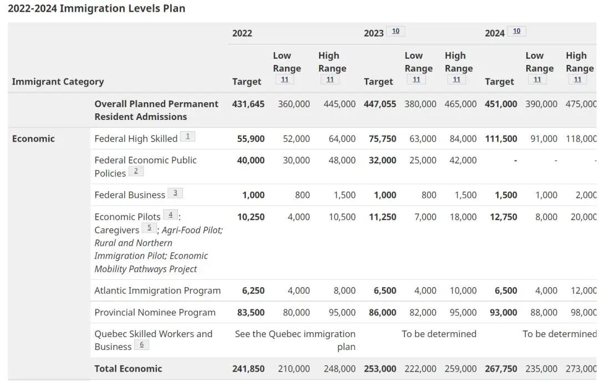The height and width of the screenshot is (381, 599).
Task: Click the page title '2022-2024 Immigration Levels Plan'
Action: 97,8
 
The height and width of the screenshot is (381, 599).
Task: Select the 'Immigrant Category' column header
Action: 58,82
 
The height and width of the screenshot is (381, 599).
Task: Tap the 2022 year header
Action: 242,33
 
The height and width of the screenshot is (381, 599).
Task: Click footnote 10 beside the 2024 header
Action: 516,31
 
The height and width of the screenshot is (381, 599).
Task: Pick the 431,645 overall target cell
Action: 248,104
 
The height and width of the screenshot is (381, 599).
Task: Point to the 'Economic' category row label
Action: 33,138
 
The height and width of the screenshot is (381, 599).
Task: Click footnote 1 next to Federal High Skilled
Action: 187,136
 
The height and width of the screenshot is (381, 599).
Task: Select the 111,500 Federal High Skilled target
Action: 501,139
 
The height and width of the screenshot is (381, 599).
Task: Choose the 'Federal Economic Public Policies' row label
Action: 145,167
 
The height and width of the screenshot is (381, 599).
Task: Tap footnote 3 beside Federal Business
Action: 175,193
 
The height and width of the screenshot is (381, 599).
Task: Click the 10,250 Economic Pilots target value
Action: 251,217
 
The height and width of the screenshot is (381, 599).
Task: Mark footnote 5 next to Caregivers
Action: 149,228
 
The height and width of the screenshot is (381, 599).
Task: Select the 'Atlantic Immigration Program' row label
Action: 158,290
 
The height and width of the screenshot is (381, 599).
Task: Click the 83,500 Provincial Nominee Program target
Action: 251,313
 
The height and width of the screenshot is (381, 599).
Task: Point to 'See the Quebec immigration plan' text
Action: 295,340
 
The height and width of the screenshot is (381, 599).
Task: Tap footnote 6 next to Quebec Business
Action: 142,345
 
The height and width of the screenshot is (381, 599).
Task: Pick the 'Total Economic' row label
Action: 128,369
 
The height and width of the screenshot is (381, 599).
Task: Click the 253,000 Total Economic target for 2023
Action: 380,369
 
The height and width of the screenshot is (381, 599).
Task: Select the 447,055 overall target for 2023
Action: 380,104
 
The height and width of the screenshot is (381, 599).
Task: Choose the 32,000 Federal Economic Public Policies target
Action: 382,161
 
